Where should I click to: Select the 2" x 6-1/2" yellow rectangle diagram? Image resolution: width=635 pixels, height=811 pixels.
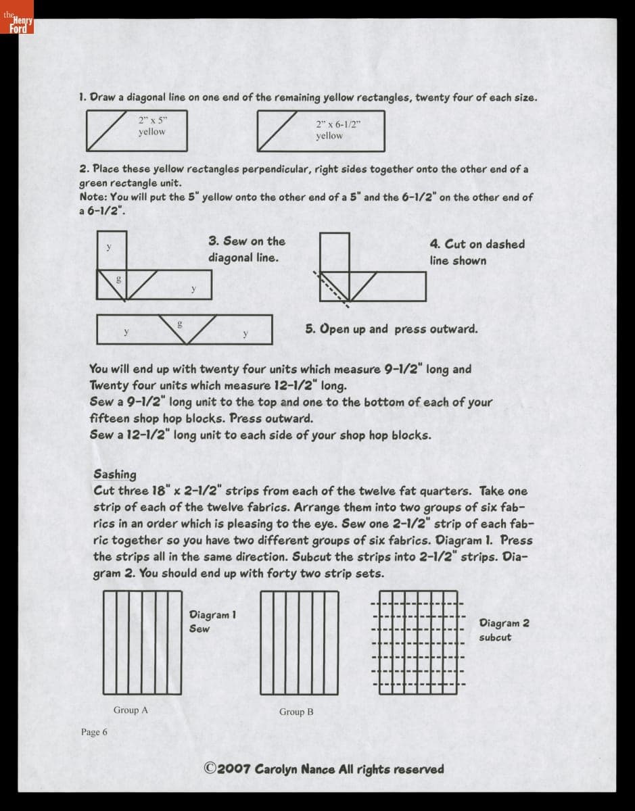click(320, 130)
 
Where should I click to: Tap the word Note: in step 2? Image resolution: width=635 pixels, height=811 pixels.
click(93, 197)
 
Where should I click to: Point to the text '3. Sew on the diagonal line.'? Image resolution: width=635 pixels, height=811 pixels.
click(247, 249)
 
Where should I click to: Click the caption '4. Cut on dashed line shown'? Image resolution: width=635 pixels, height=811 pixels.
click(477, 252)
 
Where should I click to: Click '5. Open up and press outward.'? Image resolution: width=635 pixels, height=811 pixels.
click(391, 329)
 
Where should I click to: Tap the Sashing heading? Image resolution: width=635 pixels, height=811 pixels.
click(115, 474)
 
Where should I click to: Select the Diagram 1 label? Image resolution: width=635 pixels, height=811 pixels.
click(212, 615)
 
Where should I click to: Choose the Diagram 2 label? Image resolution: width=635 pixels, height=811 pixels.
click(504, 623)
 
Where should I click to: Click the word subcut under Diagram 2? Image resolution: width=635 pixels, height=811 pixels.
click(495, 637)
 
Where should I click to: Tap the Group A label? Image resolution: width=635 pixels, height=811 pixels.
click(131, 710)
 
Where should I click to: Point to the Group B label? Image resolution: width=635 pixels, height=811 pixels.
click(296, 712)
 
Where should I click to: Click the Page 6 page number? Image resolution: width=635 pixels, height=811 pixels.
click(94, 732)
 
